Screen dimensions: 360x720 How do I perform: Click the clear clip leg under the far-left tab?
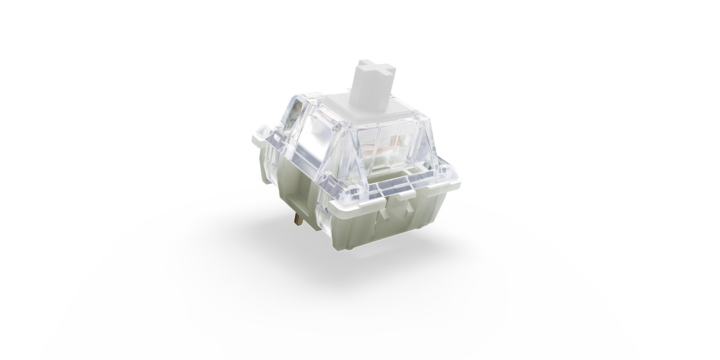tap(268, 155)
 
